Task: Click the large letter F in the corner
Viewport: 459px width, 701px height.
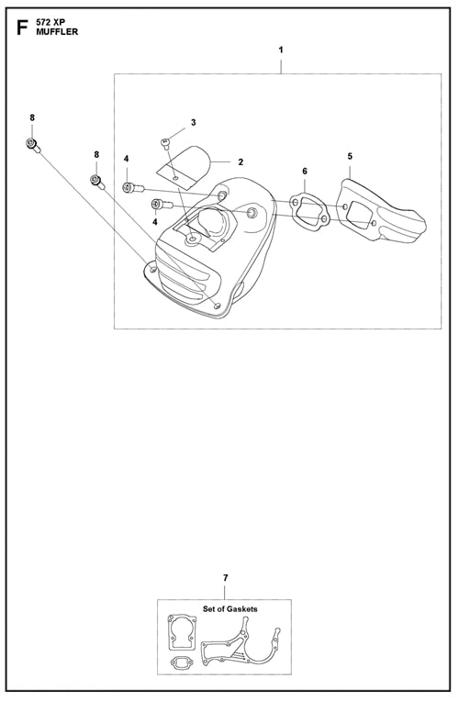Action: click(22, 28)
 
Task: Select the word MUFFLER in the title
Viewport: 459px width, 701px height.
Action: click(57, 32)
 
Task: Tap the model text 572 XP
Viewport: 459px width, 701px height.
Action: click(51, 23)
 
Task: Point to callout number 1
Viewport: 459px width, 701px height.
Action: click(281, 50)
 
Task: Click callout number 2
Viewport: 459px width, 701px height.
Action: click(241, 161)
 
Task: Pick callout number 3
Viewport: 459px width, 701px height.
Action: click(194, 122)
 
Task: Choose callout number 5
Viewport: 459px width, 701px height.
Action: click(350, 156)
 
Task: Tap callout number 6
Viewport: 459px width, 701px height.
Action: click(305, 172)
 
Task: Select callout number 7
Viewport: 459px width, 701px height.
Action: click(225, 578)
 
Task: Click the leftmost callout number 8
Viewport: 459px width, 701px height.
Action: click(32, 117)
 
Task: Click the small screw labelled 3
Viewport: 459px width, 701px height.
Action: click(165, 143)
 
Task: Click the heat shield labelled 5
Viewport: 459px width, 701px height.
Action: click(380, 212)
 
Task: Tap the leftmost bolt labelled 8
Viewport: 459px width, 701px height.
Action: click(33, 145)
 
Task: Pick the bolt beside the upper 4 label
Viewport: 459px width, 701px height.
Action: click(133, 188)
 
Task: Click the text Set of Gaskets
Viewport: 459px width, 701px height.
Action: click(229, 608)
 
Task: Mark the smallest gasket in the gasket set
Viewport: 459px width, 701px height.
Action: click(181, 663)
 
